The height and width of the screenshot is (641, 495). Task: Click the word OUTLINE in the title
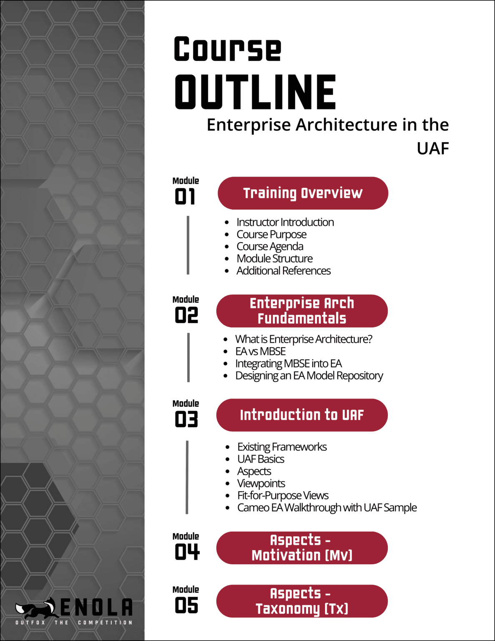tap(255, 92)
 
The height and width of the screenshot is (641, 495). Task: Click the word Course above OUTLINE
tap(227, 49)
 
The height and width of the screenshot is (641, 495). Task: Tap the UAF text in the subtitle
tap(433, 148)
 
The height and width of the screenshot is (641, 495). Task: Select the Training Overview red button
tap(303, 193)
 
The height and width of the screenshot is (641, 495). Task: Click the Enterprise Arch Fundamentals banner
tap(302, 311)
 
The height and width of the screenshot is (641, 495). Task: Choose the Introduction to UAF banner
tap(302, 415)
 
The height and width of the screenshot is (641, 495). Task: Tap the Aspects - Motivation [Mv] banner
tap(302, 548)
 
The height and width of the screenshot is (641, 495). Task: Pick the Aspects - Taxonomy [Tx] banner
tap(302, 601)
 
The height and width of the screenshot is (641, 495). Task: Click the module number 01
tap(185, 197)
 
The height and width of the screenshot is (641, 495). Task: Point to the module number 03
tap(186, 419)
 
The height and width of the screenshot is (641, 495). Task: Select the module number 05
tap(186, 606)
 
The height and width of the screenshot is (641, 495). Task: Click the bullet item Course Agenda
tap(270, 247)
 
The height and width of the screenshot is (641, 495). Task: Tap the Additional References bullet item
tap(284, 271)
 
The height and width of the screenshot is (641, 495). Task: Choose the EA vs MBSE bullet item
tap(261, 351)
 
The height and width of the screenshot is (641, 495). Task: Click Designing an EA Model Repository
tap(309, 376)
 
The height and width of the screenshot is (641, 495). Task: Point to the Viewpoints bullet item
tap(261, 483)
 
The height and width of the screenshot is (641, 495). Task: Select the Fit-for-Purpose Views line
tap(283, 495)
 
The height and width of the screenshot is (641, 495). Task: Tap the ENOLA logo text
tap(97, 608)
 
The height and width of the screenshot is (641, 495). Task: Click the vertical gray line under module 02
tap(188, 357)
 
